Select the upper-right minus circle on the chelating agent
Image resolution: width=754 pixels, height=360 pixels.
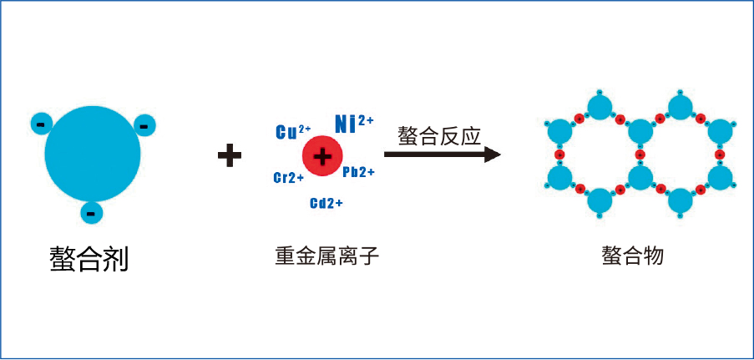point(144,124)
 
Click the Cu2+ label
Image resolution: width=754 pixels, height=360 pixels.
point(292,132)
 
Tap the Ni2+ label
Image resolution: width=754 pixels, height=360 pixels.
point(354,124)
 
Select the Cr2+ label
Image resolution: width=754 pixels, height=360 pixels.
point(288,178)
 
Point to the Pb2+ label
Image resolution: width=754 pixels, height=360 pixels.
point(358,171)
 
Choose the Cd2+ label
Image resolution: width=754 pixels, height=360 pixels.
point(326,203)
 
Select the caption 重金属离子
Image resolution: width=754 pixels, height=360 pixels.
point(326,256)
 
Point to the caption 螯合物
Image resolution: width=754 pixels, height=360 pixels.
point(632,256)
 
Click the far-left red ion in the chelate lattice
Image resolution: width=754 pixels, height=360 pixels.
point(559,155)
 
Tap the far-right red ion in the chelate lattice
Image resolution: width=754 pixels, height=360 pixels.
point(720,155)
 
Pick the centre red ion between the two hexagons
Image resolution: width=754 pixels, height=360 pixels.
point(640,155)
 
